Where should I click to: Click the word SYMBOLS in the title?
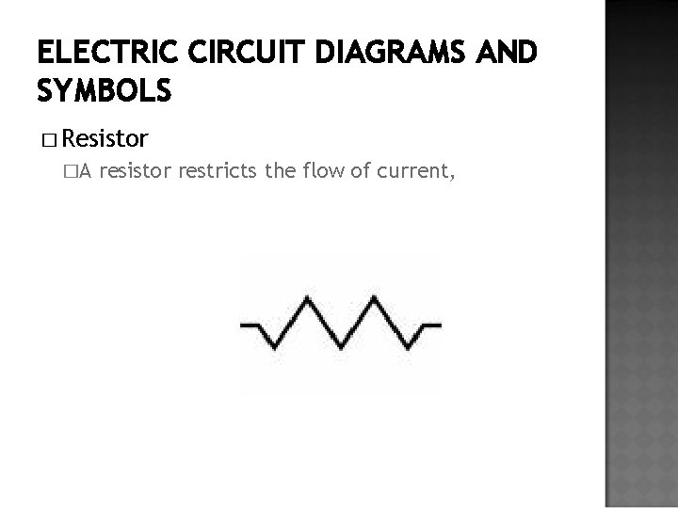coord(104,91)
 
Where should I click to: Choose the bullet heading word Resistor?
coord(107,140)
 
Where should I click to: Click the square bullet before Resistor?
coord(49,141)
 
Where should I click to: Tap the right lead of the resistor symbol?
coord(431,325)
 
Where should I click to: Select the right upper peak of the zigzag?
coord(376,300)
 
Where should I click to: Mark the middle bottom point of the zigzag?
coord(343,350)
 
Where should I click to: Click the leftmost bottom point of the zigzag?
coord(275,350)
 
